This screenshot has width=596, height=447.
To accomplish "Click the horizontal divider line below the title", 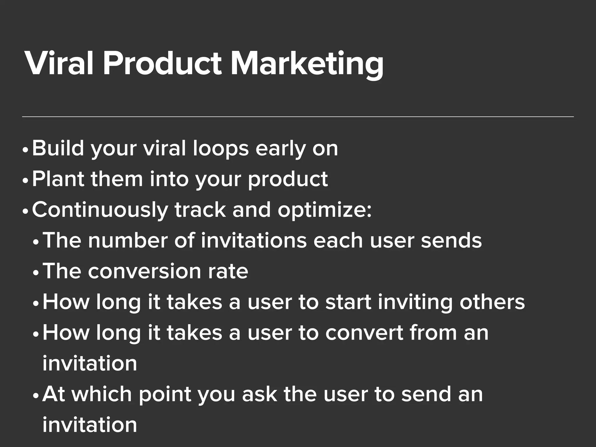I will click(x=298, y=117).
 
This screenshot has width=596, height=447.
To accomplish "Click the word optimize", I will click(x=324, y=210).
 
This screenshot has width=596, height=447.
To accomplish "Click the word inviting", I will click(x=415, y=303).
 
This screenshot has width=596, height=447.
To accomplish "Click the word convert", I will click(x=364, y=333).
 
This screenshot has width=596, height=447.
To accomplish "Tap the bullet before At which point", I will click(x=36, y=396).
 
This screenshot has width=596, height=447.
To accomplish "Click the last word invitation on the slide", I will click(x=90, y=425).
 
